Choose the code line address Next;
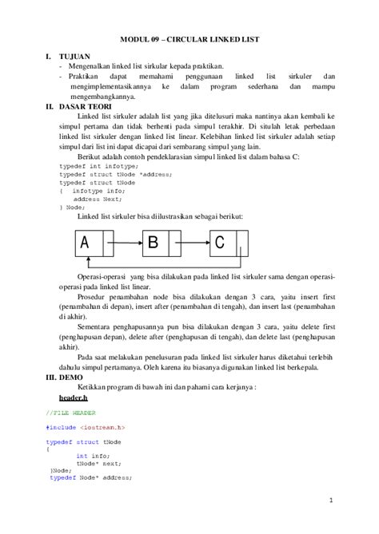pyautogui.click(x=94, y=199)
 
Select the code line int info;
pyautogui.click(x=94, y=455)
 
